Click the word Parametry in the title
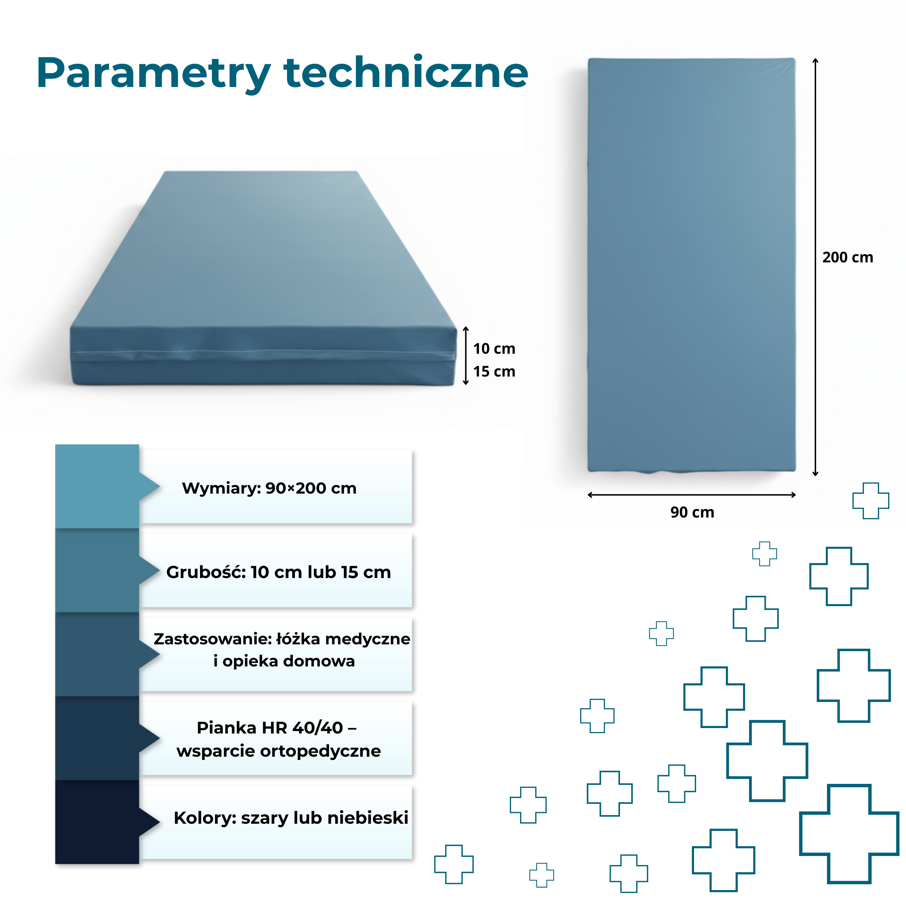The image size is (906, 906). [154, 74]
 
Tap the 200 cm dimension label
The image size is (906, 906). [847, 257]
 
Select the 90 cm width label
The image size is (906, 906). [692, 512]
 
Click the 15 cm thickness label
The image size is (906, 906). [494, 371]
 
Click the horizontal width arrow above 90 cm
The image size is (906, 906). [692, 495]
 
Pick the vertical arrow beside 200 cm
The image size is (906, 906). [815, 267]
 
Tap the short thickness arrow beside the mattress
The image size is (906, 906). [466, 356]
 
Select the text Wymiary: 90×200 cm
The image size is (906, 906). [269, 488]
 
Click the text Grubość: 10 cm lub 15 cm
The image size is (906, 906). [279, 572]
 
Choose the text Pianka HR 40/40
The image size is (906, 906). [270, 728]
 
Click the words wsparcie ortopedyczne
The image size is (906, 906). [279, 751]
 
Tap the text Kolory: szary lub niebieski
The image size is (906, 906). [291, 818]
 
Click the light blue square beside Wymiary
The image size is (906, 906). [97, 486]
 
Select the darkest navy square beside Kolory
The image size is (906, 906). [97, 822]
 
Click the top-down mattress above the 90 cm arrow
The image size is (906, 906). [692, 265]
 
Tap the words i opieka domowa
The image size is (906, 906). [284, 661]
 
